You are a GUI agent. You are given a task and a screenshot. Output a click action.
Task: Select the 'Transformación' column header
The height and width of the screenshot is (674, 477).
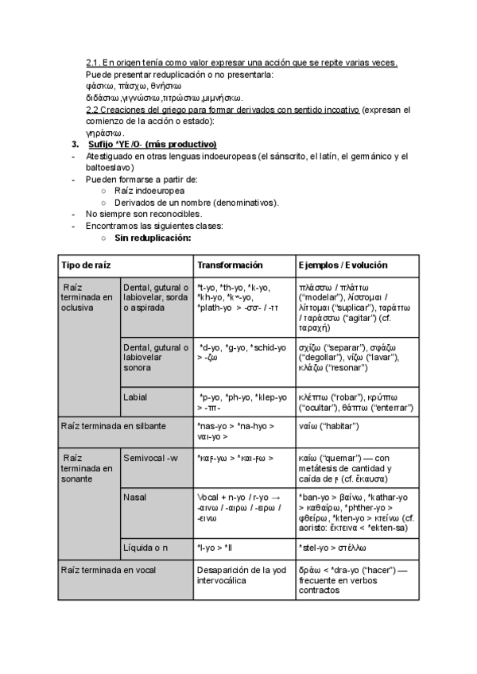230,265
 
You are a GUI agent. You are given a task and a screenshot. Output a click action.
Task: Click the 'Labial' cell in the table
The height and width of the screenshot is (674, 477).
135,396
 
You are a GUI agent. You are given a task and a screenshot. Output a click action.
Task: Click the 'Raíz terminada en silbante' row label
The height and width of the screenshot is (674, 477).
114,426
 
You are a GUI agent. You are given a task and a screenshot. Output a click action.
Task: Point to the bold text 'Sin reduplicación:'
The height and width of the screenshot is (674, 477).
153,237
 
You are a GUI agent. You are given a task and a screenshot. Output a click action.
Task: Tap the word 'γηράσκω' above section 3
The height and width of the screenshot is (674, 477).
104,133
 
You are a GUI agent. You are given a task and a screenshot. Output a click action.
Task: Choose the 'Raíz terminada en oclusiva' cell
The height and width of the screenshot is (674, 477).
88,296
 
